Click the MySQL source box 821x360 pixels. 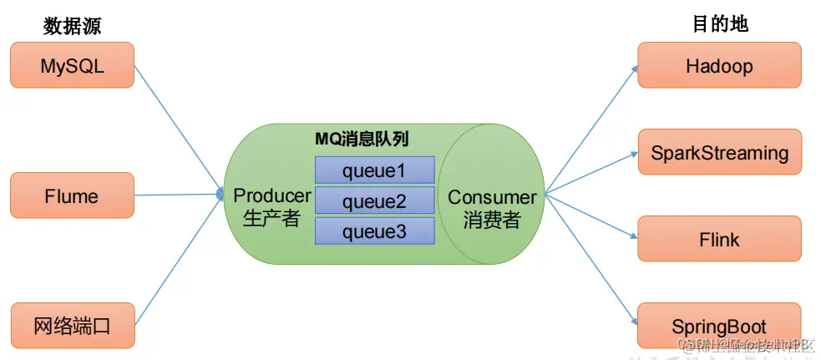[x=72, y=65]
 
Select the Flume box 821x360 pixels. [x=72, y=195]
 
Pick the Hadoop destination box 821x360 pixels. [x=719, y=65]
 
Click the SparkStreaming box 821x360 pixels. [x=719, y=152]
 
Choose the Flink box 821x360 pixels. [x=719, y=239]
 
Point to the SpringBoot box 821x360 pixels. [x=719, y=326]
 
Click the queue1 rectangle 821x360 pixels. [x=374, y=170]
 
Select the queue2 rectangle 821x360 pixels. [x=374, y=200]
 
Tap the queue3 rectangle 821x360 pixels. [x=374, y=231]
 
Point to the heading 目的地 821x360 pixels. [x=720, y=25]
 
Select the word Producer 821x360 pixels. [x=272, y=195]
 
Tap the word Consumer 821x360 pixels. [x=492, y=198]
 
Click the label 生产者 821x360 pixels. [x=272, y=219]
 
